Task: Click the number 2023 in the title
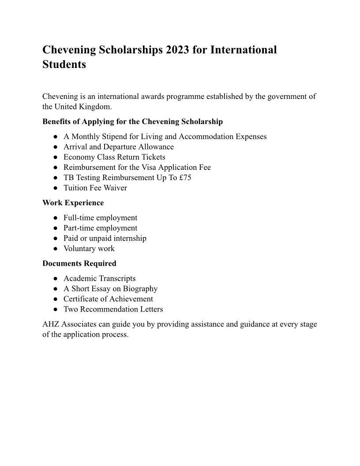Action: tap(178, 50)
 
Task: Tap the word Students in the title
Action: tap(64, 64)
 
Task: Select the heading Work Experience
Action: tap(73, 203)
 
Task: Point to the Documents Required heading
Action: tap(79, 263)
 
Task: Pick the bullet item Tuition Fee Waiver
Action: tap(95, 188)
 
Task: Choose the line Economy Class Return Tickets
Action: tap(114, 157)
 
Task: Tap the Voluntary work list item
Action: tap(89, 248)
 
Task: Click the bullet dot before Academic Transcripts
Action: tap(56, 278)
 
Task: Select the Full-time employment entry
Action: tap(100, 218)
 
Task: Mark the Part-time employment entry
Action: tap(100, 228)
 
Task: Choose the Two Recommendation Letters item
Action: tap(113, 309)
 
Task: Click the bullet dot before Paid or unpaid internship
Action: tap(56, 238)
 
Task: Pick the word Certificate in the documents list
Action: tap(82, 299)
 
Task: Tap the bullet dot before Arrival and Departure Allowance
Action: tap(56, 147)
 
